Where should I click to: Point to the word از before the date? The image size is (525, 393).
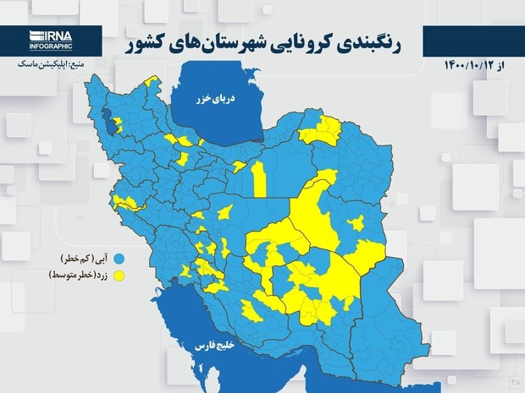(x=508, y=64)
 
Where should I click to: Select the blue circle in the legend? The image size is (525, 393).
(x=119, y=257)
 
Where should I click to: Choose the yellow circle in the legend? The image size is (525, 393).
(x=119, y=276)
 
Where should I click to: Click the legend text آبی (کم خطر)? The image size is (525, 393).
(x=83, y=257)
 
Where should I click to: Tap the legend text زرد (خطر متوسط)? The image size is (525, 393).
(x=76, y=276)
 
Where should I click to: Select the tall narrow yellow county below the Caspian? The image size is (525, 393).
(x=259, y=177)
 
